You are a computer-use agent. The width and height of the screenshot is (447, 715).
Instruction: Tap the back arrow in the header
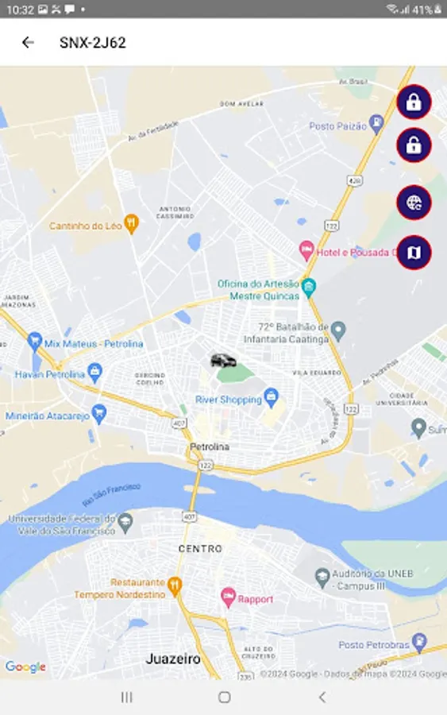click(x=28, y=43)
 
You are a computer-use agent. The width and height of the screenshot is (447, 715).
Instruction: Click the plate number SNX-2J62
click(x=92, y=43)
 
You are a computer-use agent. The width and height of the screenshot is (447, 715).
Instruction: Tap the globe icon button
click(x=414, y=203)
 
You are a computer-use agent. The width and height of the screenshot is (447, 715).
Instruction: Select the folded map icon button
click(x=414, y=253)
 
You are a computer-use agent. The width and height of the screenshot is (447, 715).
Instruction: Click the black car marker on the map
click(x=223, y=361)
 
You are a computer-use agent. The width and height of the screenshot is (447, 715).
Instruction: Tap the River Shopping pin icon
click(x=272, y=395)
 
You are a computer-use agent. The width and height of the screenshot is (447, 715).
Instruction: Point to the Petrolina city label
click(x=210, y=447)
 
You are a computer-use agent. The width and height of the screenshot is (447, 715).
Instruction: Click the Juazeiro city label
click(x=173, y=659)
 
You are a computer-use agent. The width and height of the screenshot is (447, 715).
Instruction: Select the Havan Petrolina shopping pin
click(x=95, y=370)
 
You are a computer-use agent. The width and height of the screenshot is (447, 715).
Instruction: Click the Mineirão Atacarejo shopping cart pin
click(x=99, y=413)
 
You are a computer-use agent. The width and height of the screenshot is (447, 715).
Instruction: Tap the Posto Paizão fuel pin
click(x=376, y=124)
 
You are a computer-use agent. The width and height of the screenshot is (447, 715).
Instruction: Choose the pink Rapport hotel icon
click(x=227, y=597)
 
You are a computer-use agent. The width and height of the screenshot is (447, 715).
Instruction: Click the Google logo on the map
click(x=25, y=667)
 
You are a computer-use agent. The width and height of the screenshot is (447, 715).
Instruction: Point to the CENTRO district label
click(x=200, y=549)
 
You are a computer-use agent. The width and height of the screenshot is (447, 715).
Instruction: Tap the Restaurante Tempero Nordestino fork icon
click(x=175, y=586)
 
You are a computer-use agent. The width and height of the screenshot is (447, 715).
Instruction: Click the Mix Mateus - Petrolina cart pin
click(x=34, y=342)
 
